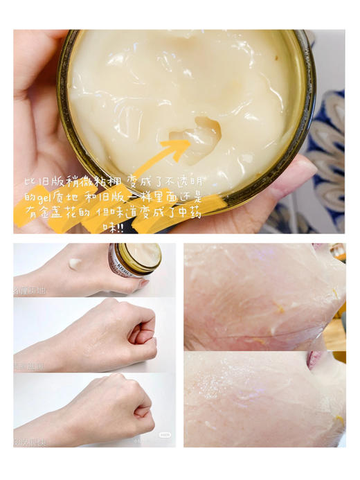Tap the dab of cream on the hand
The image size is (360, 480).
[x=75, y=263]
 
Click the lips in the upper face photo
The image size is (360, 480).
[x=319, y=246]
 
